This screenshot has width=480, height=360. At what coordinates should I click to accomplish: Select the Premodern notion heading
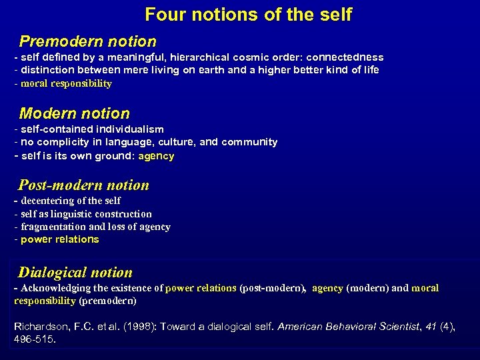tap(88, 41)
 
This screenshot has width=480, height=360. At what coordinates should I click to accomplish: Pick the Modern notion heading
tap(75, 113)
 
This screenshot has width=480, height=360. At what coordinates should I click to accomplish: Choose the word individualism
tap(129, 129)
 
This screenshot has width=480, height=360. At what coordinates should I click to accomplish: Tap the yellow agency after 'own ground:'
tap(156, 156)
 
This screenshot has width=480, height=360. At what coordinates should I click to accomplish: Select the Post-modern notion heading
tap(84, 185)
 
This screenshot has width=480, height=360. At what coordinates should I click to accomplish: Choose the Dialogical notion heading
tap(75, 272)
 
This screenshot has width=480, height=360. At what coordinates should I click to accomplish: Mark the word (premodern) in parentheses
tap(107, 301)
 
